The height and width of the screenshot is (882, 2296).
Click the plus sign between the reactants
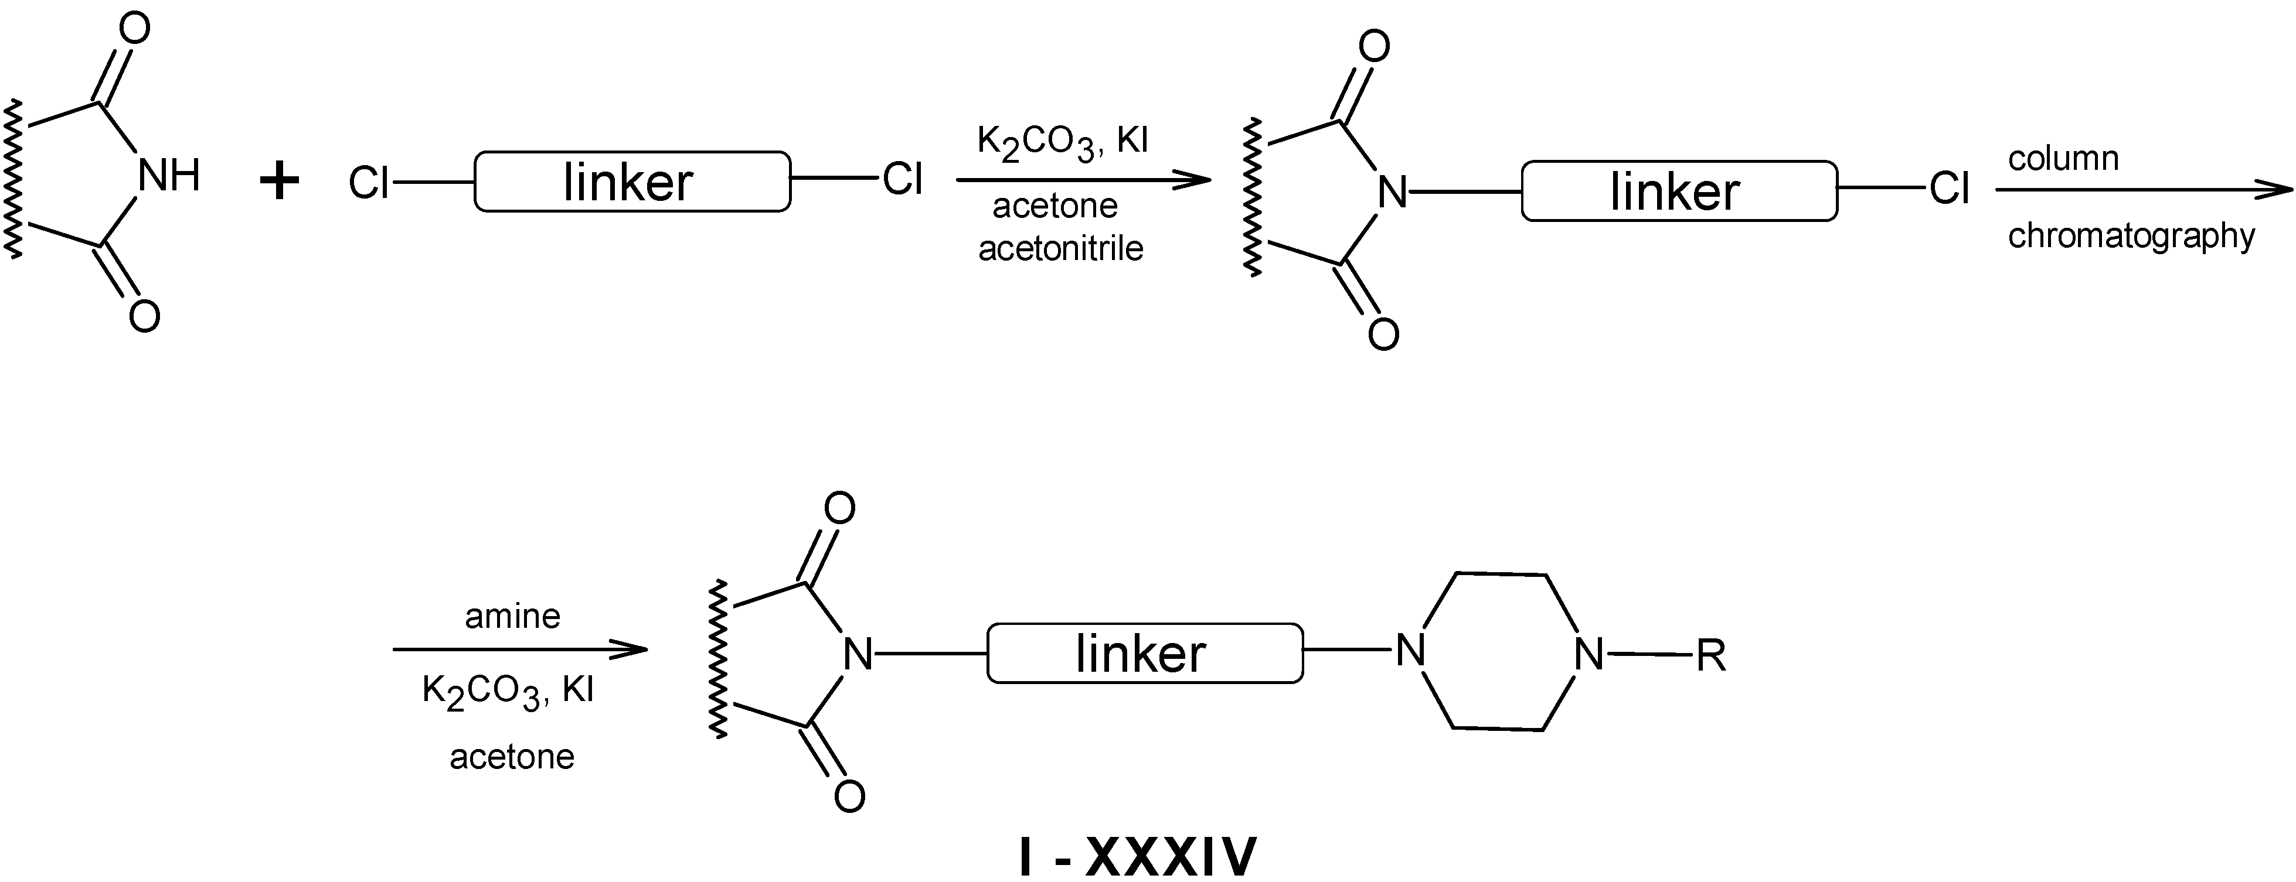tap(279, 183)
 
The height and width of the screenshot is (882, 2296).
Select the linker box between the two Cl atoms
tap(632, 182)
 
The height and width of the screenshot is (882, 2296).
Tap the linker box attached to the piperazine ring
tap(1144, 653)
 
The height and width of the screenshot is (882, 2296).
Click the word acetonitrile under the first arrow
tap(1060, 248)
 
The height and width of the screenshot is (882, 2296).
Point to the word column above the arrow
tap(2063, 159)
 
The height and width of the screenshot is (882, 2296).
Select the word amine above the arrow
tap(512, 617)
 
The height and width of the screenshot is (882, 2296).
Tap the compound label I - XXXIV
tap(1137, 856)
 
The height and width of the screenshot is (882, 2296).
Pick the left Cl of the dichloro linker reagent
tap(368, 183)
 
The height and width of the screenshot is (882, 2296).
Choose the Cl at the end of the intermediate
tap(1949, 189)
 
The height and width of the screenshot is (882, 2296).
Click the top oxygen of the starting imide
tap(134, 29)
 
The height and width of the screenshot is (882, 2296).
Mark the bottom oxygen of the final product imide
tap(849, 795)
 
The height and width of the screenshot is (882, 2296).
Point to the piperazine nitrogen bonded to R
tap(1589, 655)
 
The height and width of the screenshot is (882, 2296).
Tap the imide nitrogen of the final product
tap(858, 655)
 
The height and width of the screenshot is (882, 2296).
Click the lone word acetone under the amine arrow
tap(512, 757)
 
